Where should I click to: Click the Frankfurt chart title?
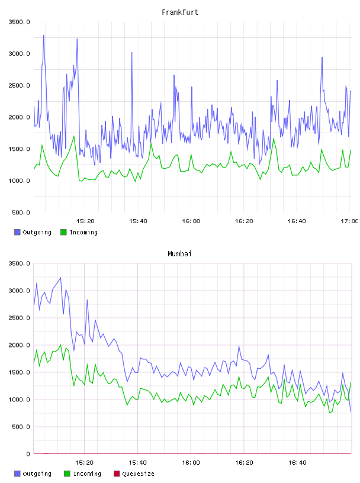[x=180, y=12]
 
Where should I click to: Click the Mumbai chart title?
[x=179, y=254]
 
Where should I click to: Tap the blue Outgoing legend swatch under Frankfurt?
[x=17, y=232]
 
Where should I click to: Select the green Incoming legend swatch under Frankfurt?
[x=63, y=232]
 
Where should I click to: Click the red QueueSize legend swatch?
[x=117, y=474]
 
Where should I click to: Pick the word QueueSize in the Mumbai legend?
[x=138, y=474]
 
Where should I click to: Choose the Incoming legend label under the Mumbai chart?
[x=87, y=474]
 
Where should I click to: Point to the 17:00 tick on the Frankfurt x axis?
[x=349, y=221]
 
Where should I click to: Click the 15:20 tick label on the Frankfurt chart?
[x=85, y=221]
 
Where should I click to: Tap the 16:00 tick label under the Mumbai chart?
[x=191, y=463]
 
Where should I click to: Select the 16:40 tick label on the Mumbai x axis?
[x=297, y=463]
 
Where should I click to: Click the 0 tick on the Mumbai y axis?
[x=28, y=454]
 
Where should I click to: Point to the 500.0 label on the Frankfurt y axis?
[x=21, y=212]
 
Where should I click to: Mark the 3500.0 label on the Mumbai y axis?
[x=19, y=263]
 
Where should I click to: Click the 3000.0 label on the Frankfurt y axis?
[x=19, y=54]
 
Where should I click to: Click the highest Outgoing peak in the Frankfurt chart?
[x=44, y=36]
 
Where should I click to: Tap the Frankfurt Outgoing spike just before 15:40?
[x=132, y=53]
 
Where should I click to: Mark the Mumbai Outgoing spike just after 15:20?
[x=87, y=300]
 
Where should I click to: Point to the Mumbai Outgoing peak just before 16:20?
[x=239, y=346]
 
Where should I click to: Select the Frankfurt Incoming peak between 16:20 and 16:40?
[x=274, y=139]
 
